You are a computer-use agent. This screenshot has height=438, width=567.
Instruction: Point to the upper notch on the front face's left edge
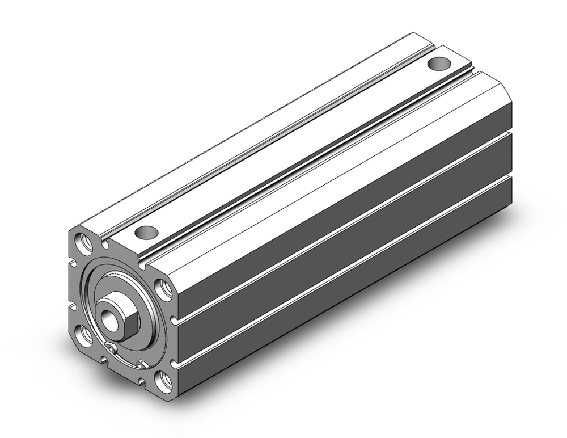(x=72, y=263)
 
